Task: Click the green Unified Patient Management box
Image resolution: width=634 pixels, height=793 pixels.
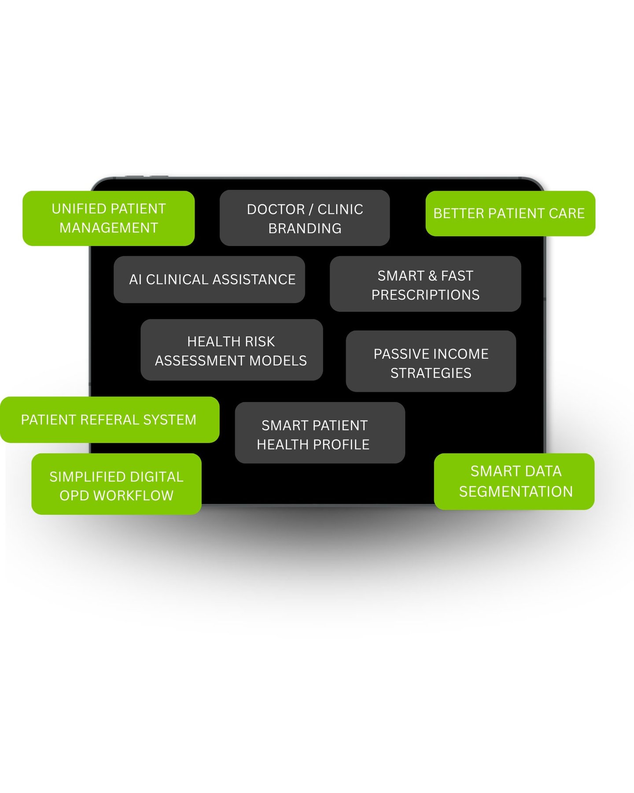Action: [108, 218]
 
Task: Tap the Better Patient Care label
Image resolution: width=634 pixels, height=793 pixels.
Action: [510, 214]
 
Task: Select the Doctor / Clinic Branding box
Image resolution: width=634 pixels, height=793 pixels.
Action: [305, 218]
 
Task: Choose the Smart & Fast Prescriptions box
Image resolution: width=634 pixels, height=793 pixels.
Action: [425, 284]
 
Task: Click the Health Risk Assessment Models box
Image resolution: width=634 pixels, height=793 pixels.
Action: [232, 350]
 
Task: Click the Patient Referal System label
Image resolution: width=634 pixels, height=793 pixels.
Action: [109, 420]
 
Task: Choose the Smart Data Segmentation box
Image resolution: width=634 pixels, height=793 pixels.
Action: [514, 482]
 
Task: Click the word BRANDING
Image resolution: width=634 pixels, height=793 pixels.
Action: [305, 229]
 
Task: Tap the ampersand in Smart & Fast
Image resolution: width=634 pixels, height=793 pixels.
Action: [432, 276]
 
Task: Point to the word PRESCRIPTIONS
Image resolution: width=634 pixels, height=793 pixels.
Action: [425, 295]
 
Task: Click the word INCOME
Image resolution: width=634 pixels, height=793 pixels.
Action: [461, 354]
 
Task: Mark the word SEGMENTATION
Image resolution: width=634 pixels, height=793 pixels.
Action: [516, 492]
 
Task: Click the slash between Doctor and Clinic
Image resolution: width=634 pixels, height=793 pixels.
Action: [311, 210]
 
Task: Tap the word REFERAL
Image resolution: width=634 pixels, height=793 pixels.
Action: [110, 420]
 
